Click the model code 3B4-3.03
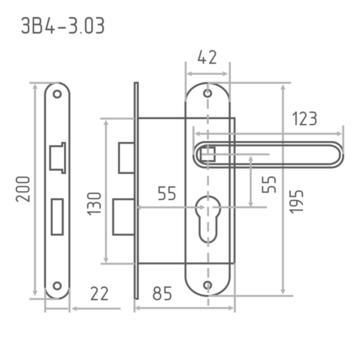click(63, 26)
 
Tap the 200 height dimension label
click(23, 189)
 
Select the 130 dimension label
click(94, 204)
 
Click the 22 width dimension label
click(99, 293)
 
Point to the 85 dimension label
click(162, 293)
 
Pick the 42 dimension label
click(207, 57)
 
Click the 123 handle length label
click(305, 118)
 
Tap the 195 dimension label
click(296, 202)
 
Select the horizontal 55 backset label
click(167, 193)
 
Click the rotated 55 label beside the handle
click(269, 184)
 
